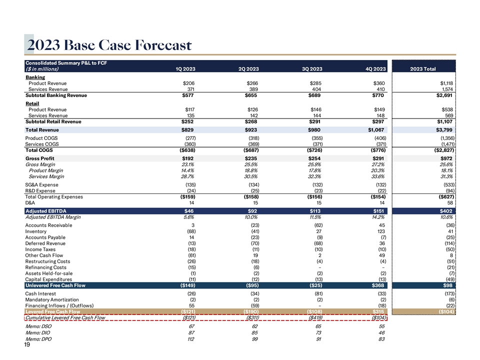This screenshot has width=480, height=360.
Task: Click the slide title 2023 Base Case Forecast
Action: click(x=110, y=45)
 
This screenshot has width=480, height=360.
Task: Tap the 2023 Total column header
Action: click(x=422, y=69)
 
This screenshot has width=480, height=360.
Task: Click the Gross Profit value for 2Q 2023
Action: click(x=251, y=158)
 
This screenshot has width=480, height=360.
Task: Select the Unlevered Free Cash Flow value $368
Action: click(x=378, y=285)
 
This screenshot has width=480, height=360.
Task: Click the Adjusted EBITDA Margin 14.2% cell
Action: click(x=376, y=217)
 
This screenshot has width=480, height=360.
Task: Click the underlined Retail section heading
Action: click(x=32, y=103)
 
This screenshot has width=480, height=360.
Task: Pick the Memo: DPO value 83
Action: click(x=381, y=339)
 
